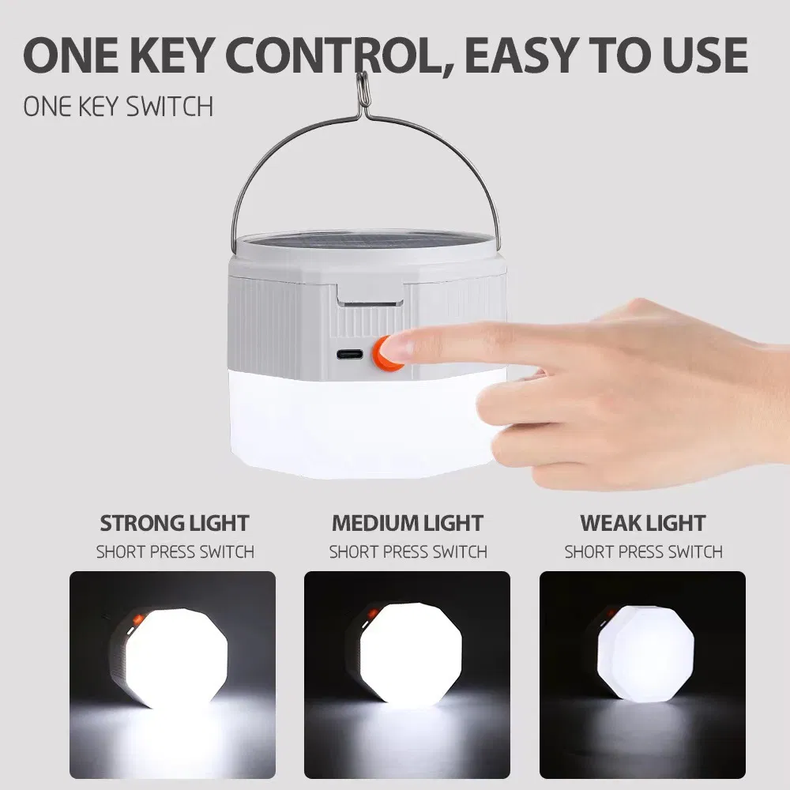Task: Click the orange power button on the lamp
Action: point(386,351)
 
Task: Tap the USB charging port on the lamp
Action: point(348,353)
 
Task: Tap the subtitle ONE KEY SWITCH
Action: point(118,107)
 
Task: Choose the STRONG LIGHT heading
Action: point(175,523)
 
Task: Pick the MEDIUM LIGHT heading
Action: point(408,523)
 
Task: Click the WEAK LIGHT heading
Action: point(642,523)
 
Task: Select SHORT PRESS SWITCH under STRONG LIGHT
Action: point(175,551)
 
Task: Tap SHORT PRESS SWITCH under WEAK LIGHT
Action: point(643,551)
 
